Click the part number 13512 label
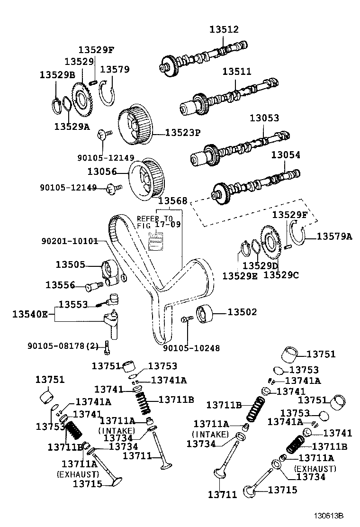click(x=224, y=29)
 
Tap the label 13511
click(x=237, y=72)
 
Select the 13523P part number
click(x=183, y=133)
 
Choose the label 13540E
click(x=29, y=314)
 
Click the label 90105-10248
click(x=191, y=348)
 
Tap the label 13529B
click(x=57, y=75)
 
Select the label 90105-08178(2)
click(x=62, y=346)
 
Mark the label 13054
click(x=285, y=155)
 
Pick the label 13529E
click(x=239, y=275)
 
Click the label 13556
click(x=60, y=285)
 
